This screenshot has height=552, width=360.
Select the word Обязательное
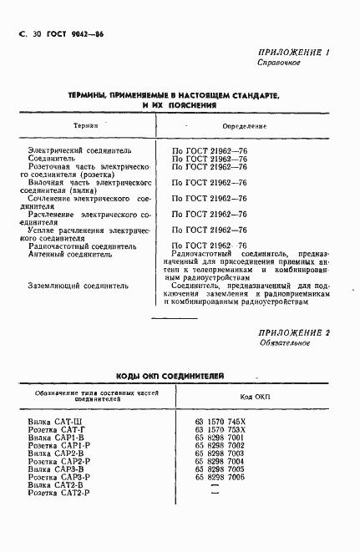[x=284, y=343]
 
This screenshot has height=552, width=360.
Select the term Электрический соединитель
[x=79, y=151]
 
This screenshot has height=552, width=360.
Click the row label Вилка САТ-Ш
[x=54, y=422]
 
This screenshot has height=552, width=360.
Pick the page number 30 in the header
[x=36, y=32]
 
